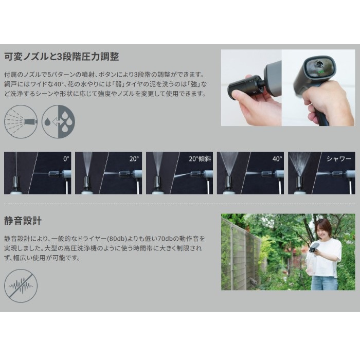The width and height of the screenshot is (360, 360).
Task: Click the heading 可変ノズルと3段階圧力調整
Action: tap(62, 57)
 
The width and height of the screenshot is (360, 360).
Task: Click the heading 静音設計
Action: tap(23, 221)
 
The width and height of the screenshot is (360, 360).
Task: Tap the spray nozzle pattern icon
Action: tap(21, 121)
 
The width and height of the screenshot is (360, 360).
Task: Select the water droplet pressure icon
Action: tap(58, 121)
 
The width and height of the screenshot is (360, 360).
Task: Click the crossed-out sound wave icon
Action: tap(21, 286)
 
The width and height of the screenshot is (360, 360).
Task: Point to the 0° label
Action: tap(66, 158)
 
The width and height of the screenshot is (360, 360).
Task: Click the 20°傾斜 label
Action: tap(200, 158)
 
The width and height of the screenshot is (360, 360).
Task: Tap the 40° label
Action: tap(277, 158)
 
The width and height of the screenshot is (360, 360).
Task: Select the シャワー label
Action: tap(339, 158)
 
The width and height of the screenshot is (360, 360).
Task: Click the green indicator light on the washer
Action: tap(319, 71)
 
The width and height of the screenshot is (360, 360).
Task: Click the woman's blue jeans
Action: tap(325, 283)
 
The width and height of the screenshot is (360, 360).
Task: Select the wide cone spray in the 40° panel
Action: tap(229, 163)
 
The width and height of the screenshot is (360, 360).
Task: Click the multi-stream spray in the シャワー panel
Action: tap(299, 164)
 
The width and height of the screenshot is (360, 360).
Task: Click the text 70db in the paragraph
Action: tap(165, 239)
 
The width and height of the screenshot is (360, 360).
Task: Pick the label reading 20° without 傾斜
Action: tap(134, 158)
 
